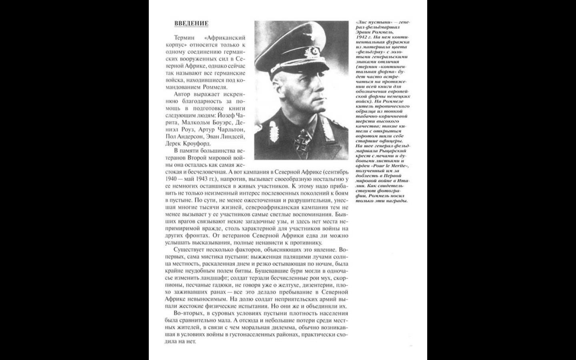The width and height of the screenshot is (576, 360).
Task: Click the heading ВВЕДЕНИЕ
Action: click(191, 23)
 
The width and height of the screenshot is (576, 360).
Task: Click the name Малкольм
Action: click(196, 122)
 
